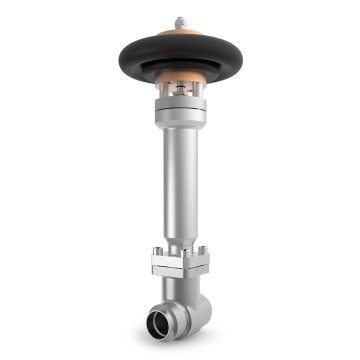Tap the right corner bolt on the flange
click(205, 250)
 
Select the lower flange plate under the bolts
click(180, 271)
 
